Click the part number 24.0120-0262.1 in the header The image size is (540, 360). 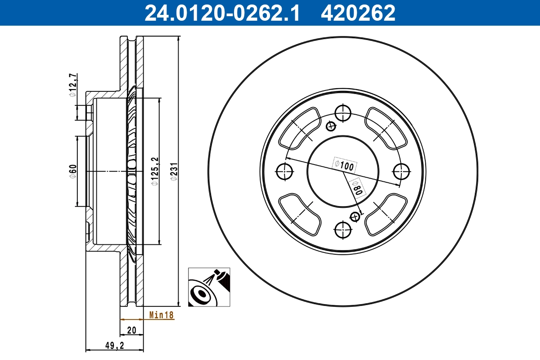[x=221, y=13]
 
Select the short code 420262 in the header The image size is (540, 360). [x=358, y=13]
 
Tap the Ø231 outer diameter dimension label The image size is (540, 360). [x=174, y=171]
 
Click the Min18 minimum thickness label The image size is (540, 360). [x=161, y=315]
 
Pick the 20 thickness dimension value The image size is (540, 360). [x=131, y=330]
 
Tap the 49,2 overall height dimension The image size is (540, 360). [x=114, y=345]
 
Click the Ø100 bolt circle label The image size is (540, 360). [x=344, y=165]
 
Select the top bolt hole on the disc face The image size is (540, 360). [x=343, y=112]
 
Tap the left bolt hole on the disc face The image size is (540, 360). [x=284, y=171]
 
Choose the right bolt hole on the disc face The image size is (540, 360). [x=401, y=171]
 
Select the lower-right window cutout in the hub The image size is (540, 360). [x=386, y=214]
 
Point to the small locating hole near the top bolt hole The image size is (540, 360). [x=332, y=126]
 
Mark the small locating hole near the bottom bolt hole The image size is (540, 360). [x=355, y=217]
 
